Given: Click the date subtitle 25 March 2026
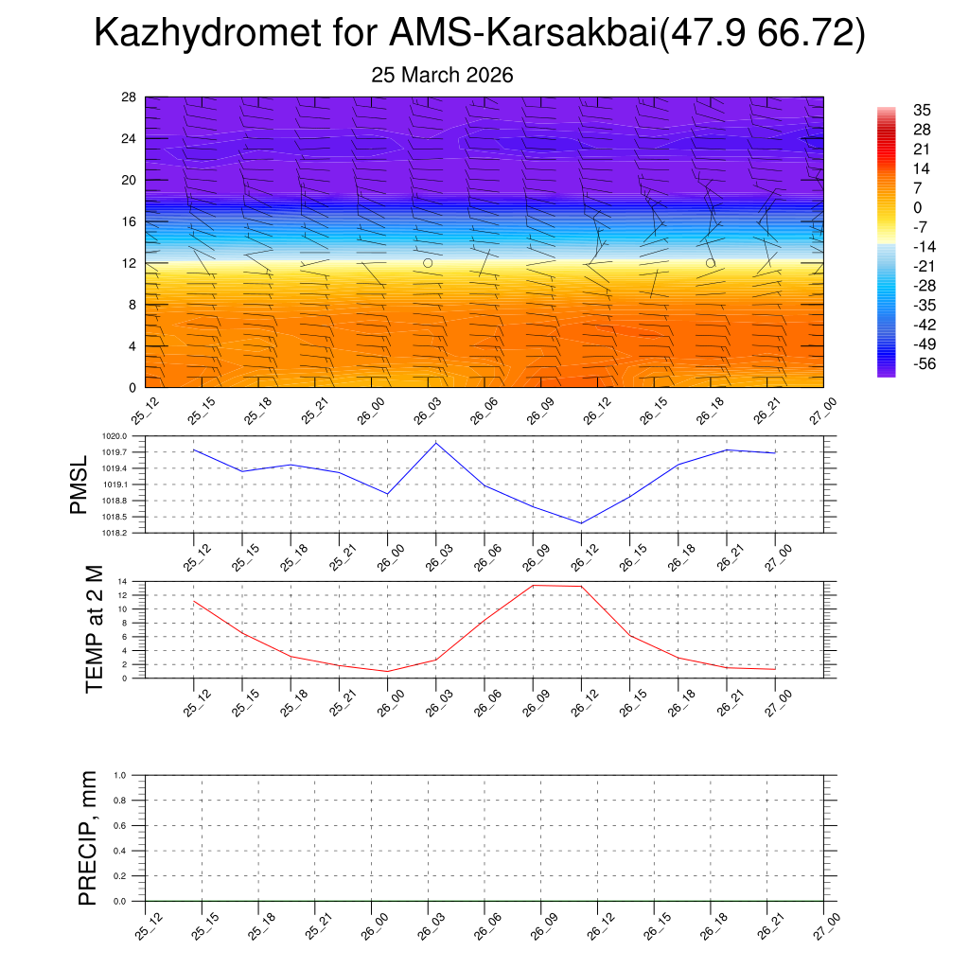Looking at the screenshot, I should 443,76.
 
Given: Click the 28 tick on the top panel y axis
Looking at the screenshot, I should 130,97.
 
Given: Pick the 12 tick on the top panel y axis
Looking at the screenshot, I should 130,263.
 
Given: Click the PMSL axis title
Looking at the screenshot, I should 79,484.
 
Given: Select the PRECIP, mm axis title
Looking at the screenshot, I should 88,837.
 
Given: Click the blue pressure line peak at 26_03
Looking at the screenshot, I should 436,443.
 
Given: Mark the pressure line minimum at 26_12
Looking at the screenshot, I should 581,523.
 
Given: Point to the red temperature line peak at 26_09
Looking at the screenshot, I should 533,585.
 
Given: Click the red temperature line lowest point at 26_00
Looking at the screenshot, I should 388,671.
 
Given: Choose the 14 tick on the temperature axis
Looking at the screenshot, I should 123,581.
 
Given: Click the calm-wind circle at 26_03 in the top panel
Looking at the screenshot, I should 428,263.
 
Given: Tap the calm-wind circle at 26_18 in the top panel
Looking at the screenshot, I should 710,263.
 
